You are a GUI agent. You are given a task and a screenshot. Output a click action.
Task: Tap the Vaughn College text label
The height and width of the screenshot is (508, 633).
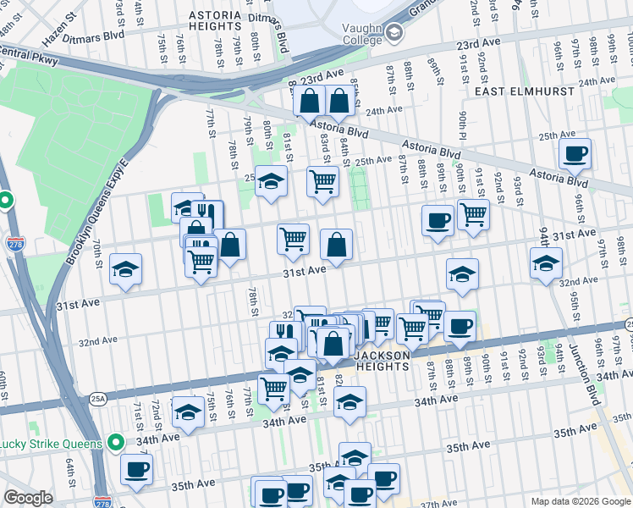(350, 33)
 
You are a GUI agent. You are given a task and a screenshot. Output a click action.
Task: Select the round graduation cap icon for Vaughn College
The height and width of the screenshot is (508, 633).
(394, 33)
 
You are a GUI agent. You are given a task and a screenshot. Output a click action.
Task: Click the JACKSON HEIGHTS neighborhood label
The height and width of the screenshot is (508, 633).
(381, 362)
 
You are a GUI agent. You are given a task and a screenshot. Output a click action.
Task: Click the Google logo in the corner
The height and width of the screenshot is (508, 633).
(28, 498)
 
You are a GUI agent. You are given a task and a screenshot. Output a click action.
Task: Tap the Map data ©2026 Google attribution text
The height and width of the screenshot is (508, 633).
(581, 501)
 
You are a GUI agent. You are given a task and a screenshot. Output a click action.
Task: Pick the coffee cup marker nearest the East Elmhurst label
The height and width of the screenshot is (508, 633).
(575, 154)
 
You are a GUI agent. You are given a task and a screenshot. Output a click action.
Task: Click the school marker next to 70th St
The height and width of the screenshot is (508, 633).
(126, 270)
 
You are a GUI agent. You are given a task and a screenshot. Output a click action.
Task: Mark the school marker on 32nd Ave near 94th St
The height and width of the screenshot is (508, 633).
(546, 263)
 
